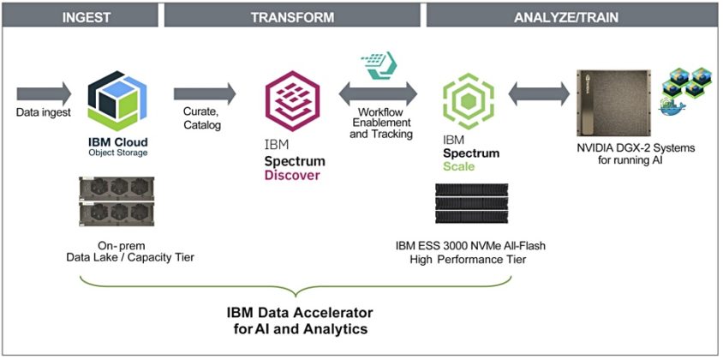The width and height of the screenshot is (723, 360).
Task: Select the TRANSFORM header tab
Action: point(291,15)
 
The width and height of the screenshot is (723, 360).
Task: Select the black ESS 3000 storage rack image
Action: point(470,206)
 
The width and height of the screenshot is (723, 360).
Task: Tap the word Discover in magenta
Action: point(292,176)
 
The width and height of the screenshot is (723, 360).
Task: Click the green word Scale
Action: point(458,166)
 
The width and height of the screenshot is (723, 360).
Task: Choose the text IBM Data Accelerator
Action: point(292,311)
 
